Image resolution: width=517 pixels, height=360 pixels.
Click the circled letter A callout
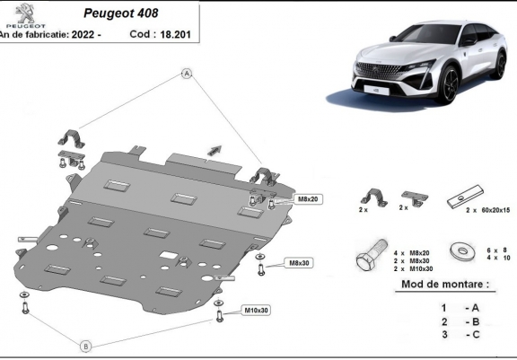point(187,74)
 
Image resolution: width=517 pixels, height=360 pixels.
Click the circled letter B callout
point(86,347)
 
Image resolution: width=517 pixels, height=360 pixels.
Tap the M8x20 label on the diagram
point(308,199)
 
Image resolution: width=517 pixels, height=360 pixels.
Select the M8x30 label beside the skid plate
point(299,263)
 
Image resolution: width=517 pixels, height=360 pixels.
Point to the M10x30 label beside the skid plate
point(256,311)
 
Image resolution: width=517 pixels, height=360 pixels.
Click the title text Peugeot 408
point(120,13)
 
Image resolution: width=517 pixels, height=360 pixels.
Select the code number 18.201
point(175,34)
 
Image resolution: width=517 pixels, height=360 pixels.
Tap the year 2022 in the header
point(83,34)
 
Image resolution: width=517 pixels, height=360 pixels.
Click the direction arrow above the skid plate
point(215,150)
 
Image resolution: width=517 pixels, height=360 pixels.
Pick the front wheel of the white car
point(450,83)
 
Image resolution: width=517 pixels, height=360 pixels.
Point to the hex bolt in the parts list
point(372,255)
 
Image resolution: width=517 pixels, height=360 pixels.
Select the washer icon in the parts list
point(463,251)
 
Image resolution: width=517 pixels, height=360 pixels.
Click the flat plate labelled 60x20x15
point(465,197)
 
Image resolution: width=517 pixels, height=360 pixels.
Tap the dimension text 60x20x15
point(495,210)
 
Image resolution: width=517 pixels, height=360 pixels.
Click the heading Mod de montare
point(445,285)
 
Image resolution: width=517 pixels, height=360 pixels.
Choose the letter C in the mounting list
point(476,334)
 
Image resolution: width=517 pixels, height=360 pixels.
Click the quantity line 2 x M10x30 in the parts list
point(413,269)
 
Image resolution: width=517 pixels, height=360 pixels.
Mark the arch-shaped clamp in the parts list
point(373,197)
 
